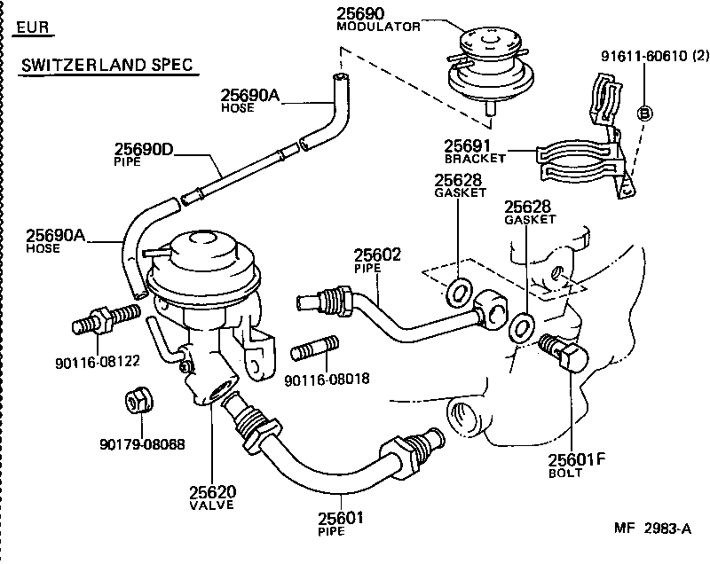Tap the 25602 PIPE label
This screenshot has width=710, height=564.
(378, 260)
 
